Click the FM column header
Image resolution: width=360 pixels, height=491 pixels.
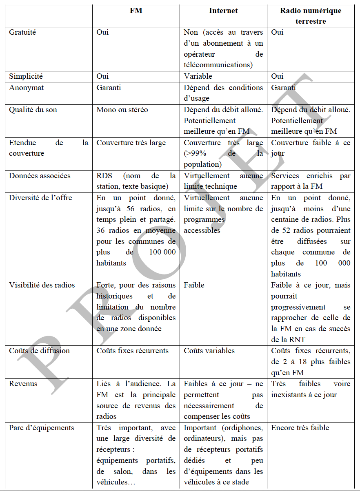click(136, 11)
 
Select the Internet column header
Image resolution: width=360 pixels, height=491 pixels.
click(223, 11)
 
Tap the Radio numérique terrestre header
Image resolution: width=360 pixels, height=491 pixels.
click(310, 16)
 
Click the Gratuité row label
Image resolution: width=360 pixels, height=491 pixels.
click(22, 32)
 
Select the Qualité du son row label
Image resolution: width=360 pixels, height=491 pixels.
click(32, 110)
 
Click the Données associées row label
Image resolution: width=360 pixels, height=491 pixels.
click(40, 176)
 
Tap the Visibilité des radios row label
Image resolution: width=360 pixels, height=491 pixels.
click(42, 285)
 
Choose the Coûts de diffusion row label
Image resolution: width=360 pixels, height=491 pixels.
click(39, 351)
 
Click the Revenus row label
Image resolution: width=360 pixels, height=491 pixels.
click(23, 384)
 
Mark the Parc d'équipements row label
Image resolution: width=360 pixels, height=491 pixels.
click(42, 428)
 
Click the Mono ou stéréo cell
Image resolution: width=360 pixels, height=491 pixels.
click(122, 110)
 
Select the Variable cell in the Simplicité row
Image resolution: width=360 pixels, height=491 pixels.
click(198, 76)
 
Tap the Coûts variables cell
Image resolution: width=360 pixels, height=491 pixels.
click(209, 351)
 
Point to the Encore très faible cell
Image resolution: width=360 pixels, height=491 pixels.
click(300, 428)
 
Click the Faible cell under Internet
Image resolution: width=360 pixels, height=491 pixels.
click(194, 285)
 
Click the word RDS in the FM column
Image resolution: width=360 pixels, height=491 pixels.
click(104, 176)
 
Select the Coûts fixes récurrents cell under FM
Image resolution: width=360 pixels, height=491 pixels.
click(132, 351)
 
